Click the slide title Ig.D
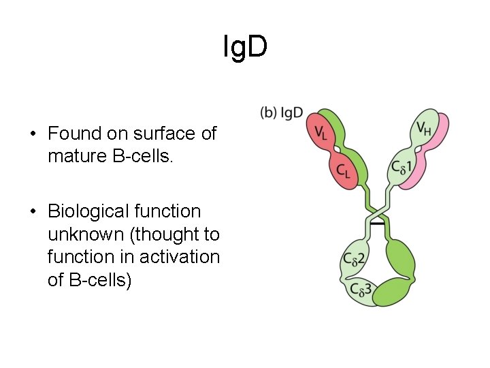(245, 46)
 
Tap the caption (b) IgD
(281, 112)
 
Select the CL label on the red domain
(344, 171)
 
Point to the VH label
(424, 128)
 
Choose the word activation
(183, 257)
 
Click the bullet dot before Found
(33, 134)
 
